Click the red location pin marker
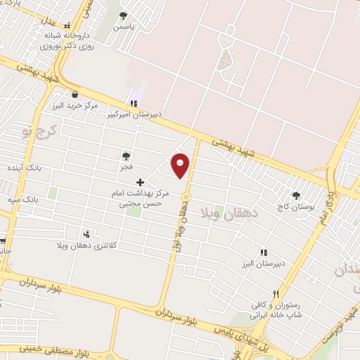tap(181, 165)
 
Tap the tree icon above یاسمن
tap(124, 15)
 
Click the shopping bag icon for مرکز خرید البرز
tap(75, 94)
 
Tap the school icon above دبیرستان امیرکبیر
tap(134, 103)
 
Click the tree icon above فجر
tap(126, 156)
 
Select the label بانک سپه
tap(43, 200)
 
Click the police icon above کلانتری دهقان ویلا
tap(86, 234)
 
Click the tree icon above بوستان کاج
tap(295, 195)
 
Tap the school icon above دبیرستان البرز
tap(264, 252)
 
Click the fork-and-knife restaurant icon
tap(276, 294)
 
